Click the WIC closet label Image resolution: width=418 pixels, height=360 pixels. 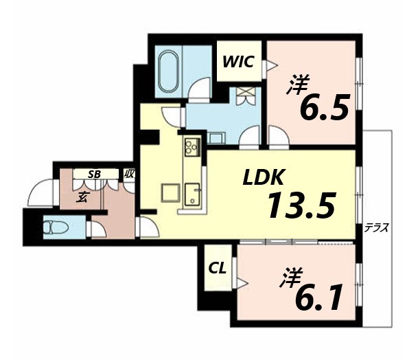[x=238, y=61]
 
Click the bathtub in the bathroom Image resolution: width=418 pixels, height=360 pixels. [x=168, y=71]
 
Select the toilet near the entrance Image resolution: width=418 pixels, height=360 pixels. [x=54, y=225]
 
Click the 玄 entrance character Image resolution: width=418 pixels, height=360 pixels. [x=81, y=199]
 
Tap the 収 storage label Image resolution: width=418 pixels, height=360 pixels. [x=129, y=174]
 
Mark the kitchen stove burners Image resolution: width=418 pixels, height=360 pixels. [x=191, y=147]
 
